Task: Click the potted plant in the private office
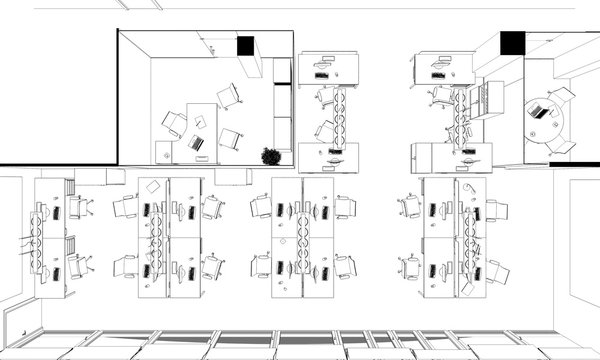[270, 155]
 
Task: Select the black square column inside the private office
[246, 45]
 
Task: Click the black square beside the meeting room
[511, 43]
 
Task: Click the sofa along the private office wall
[283, 110]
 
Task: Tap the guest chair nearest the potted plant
[231, 139]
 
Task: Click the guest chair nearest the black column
[229, 96]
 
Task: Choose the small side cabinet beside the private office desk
[163, 152]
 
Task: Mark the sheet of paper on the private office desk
[200, 123]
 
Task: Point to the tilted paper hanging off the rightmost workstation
[476, 249]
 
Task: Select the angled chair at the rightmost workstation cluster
[497, 271]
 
